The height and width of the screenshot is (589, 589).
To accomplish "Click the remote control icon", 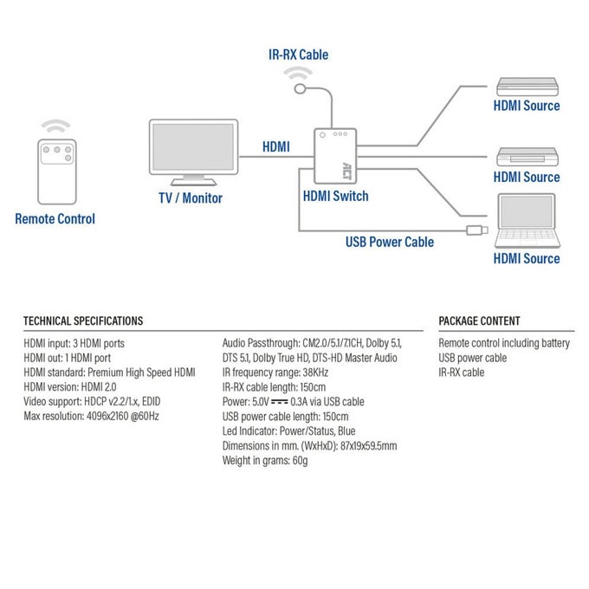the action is click(x=57, y=172).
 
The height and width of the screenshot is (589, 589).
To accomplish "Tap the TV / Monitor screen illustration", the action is click(x=193, y=152).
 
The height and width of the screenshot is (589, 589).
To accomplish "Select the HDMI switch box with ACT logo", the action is click(x=335, y=156).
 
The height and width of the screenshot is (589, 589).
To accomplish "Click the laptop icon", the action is click(x=527, y=221).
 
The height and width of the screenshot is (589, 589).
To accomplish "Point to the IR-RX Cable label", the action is click(x=298, y=55).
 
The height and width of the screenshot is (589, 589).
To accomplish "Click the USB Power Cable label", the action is click(x=390, y=242).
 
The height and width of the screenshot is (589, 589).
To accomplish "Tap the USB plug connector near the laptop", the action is click(x=477, y=230).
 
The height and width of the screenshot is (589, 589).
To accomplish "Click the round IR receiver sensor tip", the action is click(x=300, y=89).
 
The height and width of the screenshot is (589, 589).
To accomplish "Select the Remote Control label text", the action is click(x=55, y=219).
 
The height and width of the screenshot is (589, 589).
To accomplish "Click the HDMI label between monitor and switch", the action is click(x=276, y=146).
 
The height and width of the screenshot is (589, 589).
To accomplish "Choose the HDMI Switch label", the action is click(x=335, y=196).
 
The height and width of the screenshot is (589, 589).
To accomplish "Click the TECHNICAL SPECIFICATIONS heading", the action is click(x=83, y=320).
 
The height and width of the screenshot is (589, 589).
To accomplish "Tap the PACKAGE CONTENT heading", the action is click(x=479, y=320).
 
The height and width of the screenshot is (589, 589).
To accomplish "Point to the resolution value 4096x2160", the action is click(x=107, y=417).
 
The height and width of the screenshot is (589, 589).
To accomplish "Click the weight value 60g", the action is click(x=300, y=461).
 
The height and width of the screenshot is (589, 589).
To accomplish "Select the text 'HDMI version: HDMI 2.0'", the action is click(x=70, y=387).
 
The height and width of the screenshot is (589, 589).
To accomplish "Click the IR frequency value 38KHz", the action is click(x=315, y=372).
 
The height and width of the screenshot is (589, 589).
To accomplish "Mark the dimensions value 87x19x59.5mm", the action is click(x=368, y=446).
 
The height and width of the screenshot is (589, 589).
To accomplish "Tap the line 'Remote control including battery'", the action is click(x=504, y=343).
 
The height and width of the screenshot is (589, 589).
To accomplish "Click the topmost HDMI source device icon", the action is click(x=528, y=87).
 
